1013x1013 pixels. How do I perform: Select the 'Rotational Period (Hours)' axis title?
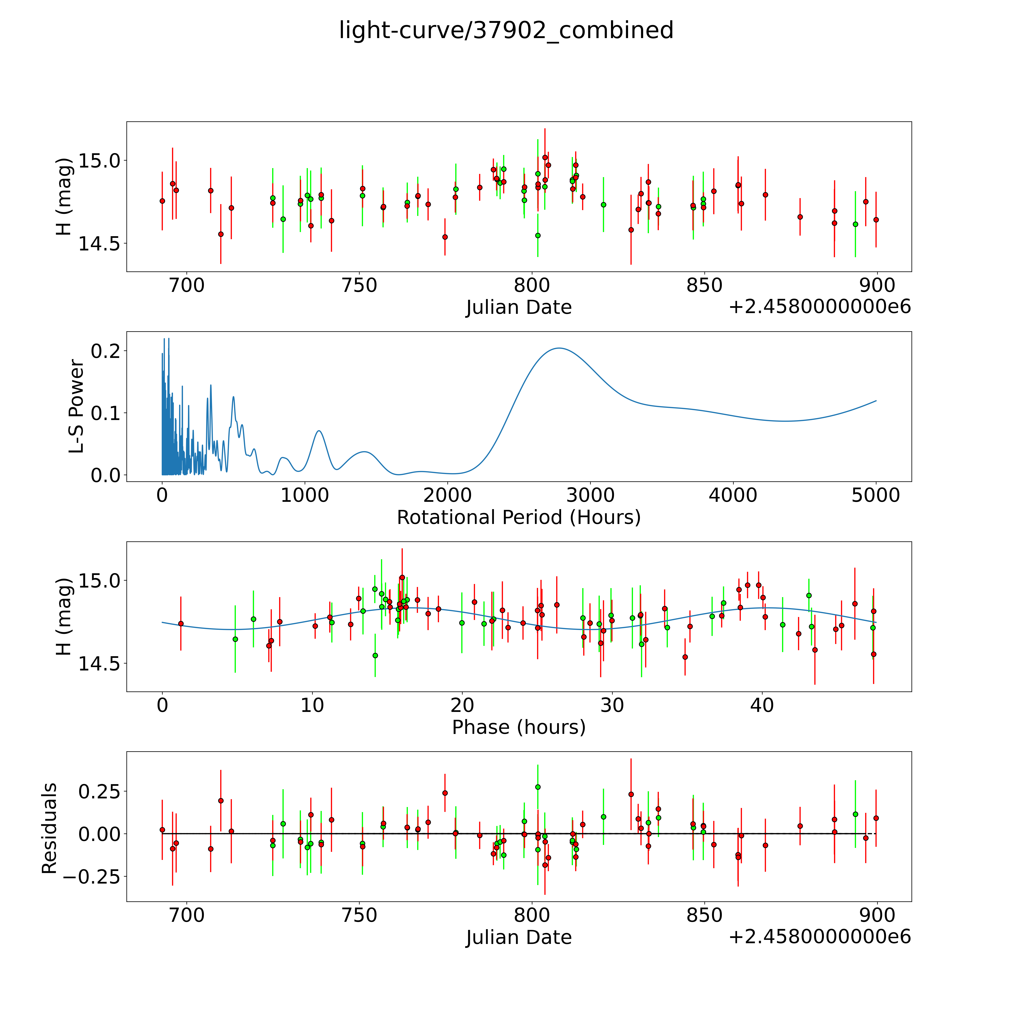pos(519,518)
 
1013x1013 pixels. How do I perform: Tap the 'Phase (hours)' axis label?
pos(519,727)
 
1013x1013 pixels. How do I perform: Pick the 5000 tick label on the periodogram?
pos(876,495)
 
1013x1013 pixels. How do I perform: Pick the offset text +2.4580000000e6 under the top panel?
pos(820,307)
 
